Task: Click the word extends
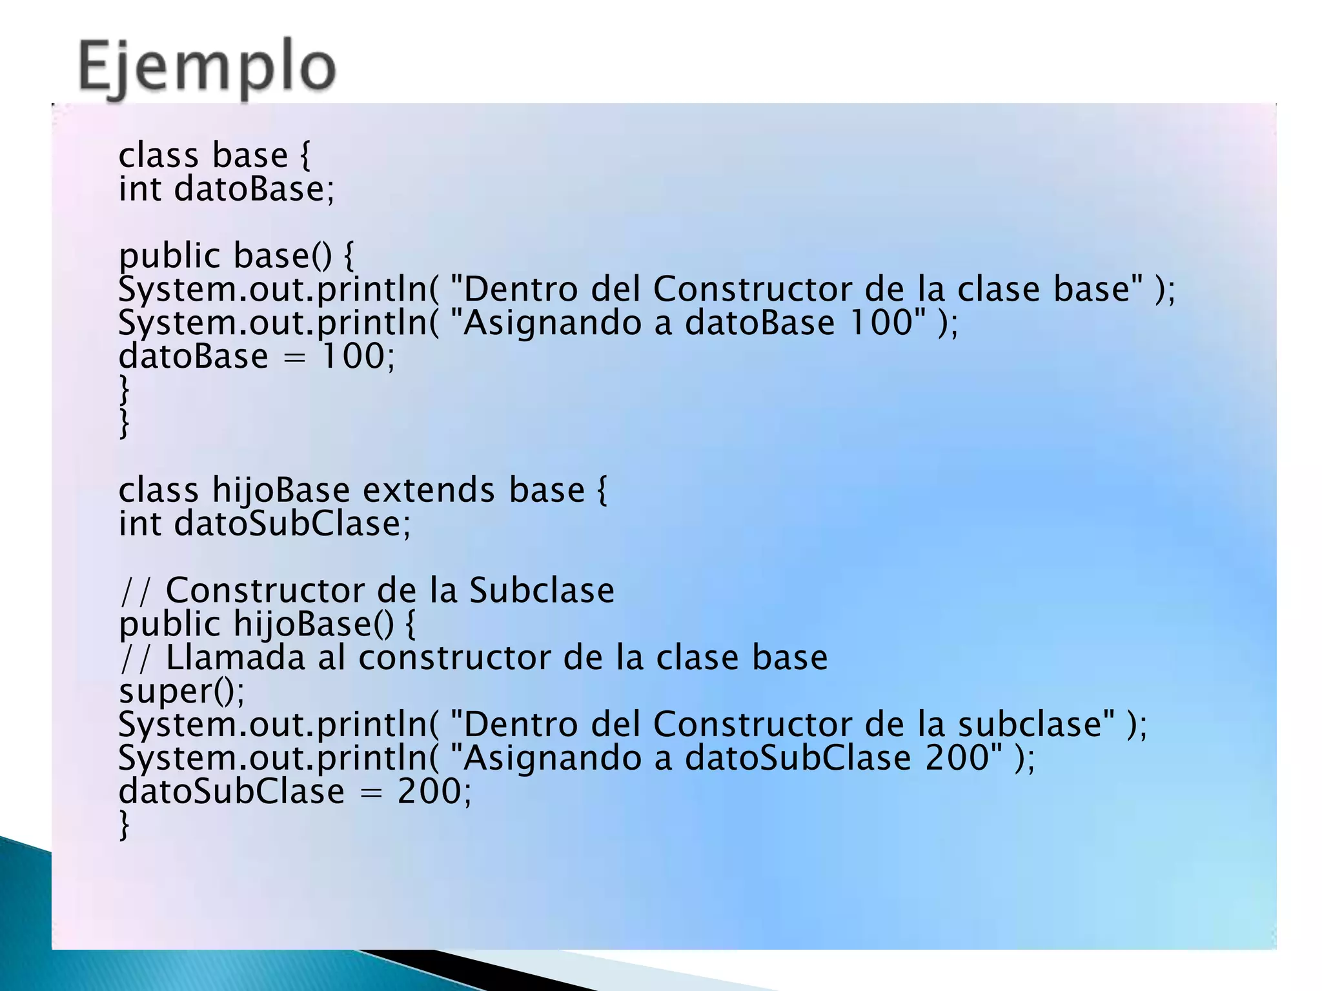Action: (x=429, y=490)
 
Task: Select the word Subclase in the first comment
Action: (x=542, y=590)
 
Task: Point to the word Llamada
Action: (x=235, y=657)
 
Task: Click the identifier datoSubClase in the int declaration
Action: (x=292, y=523)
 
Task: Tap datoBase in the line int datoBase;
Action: (x=254, y=189)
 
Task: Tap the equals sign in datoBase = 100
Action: (x=294, y=357)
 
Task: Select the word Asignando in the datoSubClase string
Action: (x=553, y=757)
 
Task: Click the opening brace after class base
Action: (x=305, y=155)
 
